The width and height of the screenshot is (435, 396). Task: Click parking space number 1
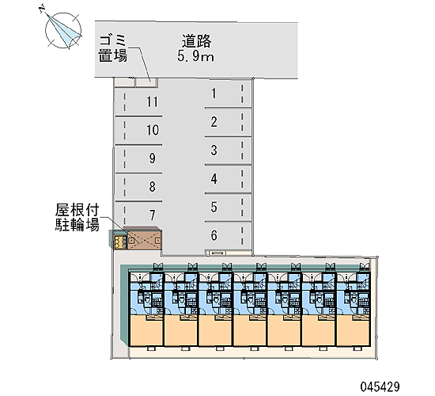[228, 93]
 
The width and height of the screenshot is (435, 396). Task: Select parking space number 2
[228, 122]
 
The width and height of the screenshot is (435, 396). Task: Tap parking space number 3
[228, 150]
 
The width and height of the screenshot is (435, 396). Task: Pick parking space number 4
[228, 179]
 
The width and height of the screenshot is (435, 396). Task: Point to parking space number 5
[228, 208]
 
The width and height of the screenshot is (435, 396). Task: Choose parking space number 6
[228, 236]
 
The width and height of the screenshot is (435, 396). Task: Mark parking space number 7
[138, 215]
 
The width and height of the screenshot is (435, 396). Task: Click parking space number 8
[138, 187]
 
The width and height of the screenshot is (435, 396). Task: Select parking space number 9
[138, 158]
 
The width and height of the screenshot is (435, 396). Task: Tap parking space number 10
[138, 131]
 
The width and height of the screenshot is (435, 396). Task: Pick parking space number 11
[138, 102]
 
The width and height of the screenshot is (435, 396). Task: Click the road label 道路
[197, 41]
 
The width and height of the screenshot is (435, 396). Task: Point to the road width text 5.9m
[196, 56]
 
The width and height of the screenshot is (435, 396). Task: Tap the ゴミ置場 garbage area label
[113, 48]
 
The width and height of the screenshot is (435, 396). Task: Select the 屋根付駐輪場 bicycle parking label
[78, 217]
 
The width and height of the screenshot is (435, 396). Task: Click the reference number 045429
[380, 386]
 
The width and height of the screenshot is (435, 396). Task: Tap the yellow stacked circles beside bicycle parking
[119, 242]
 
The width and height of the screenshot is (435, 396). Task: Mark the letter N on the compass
[42, 8]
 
